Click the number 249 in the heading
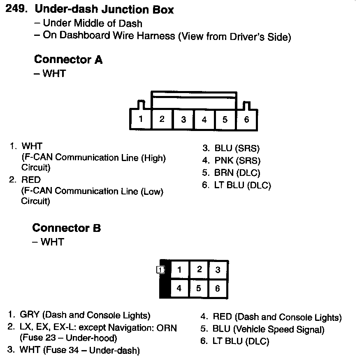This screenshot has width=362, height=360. [x=16, y=9]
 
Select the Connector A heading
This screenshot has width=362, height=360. [x=68, y=60]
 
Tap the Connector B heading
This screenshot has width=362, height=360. [x=66, y=228]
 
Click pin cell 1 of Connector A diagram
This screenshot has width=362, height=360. [x=141, y=119]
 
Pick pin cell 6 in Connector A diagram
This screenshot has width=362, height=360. [x=246, y=120]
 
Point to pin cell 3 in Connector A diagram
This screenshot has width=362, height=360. [x=183, y=120]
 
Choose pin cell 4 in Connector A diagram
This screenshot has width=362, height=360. [x=204, y=120]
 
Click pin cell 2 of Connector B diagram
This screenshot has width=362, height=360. [x=199, y=269]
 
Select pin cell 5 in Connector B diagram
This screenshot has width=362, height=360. [x=199, y=288]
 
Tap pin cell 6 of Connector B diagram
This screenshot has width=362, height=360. [x=218, y=288]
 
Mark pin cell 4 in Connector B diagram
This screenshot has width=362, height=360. [x=179, y=288]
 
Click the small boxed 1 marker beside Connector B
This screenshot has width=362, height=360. [x=160, y=270]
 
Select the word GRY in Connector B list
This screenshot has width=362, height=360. [x=30, y=315]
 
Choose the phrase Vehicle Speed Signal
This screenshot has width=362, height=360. [x=278, y=330]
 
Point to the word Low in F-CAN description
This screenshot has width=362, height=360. [x=151, y=191]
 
